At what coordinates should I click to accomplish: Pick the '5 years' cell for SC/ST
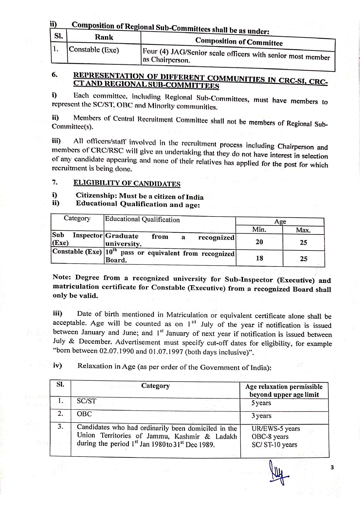pos(261,403)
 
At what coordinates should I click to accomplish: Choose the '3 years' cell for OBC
pos(261,416)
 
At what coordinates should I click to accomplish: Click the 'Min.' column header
pos(259,230)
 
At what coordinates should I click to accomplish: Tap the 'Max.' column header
pos(303,230)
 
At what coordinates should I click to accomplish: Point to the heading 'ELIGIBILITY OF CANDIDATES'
pos(127,183)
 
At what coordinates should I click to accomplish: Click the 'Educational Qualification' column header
pos(142,219)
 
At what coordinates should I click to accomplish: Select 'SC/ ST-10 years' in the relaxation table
pos(274,445)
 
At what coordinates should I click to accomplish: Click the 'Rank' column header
pos(104,37)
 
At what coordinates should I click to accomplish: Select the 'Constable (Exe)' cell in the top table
pos(94,50)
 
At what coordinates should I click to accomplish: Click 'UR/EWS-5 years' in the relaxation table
pos(276,429)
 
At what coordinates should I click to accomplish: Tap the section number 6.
pos(55,74)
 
